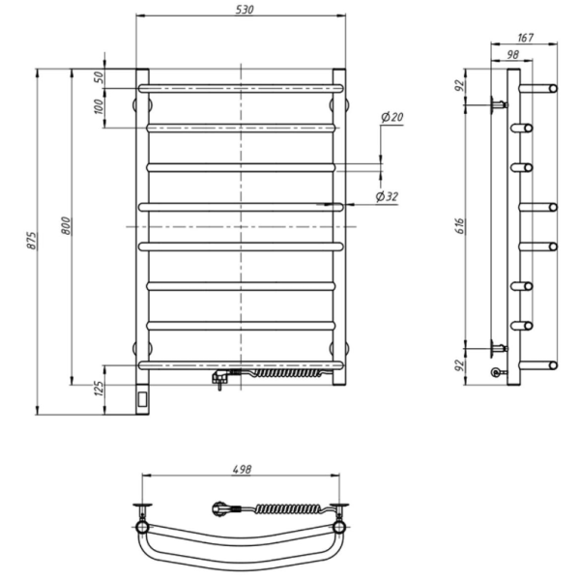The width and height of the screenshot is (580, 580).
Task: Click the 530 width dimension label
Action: pos(245,10)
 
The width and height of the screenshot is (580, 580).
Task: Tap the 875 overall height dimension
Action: pos(32,241)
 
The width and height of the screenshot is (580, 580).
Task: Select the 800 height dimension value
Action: pos(66,225)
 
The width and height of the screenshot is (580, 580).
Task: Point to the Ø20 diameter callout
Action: pos(392,117)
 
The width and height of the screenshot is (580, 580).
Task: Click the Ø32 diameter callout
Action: pos(387,196)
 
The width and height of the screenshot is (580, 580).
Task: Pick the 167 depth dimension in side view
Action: pos(525,38)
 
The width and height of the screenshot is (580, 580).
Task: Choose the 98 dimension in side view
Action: pos(512,54)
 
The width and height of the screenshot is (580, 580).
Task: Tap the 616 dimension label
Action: pos(459,225)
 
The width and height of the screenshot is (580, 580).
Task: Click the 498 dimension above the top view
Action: pos(242,470)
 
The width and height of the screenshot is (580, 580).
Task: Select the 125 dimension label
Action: pos(100,388)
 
